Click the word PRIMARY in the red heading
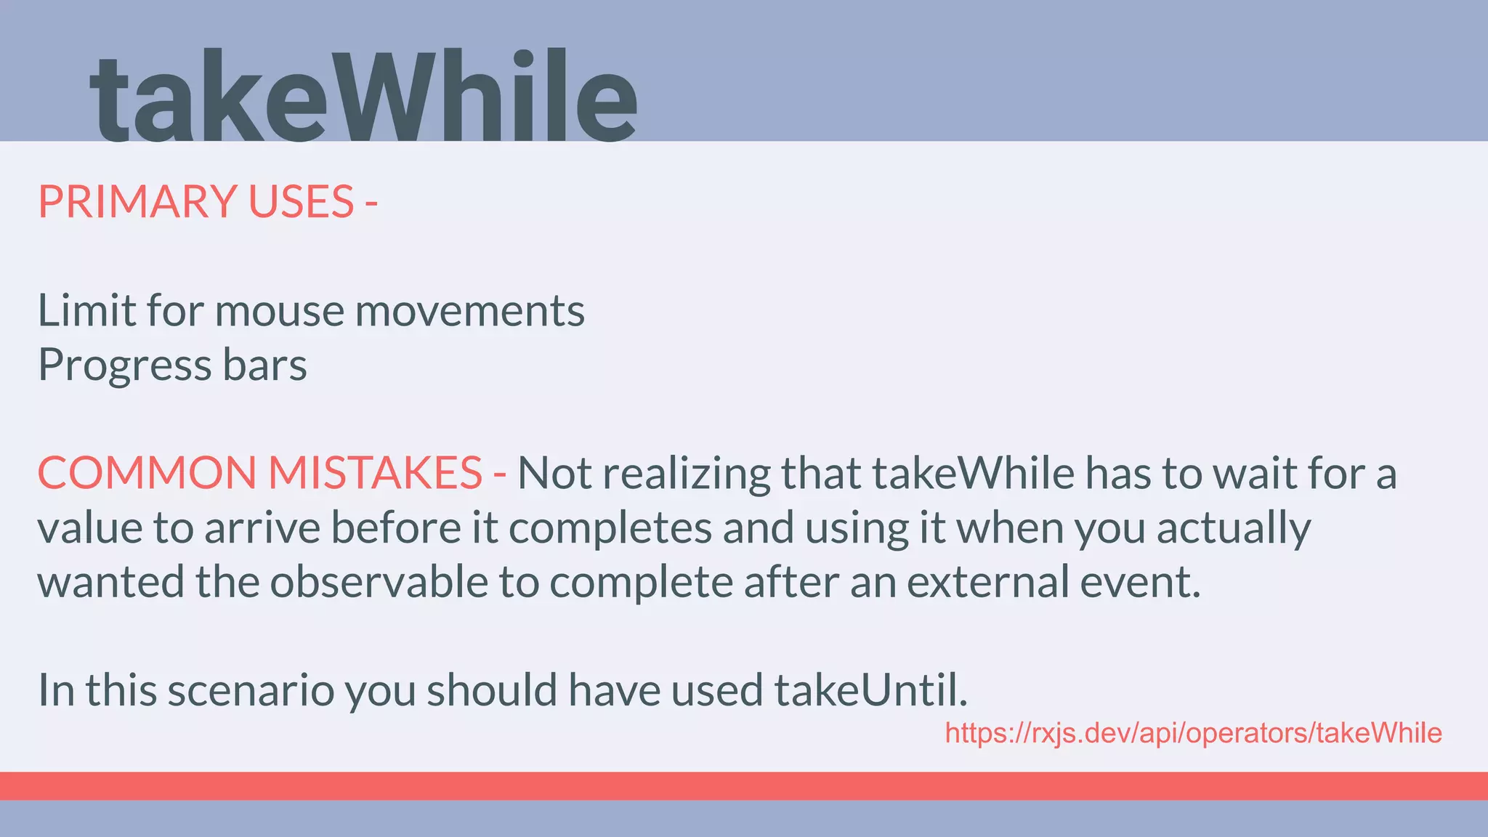[x=137, y=201]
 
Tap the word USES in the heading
[x=301, y=201]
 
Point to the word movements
[x=469, y=311]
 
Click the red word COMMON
[x=146, y=473]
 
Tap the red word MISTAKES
[x=375, y=473]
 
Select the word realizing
[x=687, y=473]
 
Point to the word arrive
[x=262, y=527]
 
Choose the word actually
[x=1234, y=527]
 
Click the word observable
[x=379, y=582]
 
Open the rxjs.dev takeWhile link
[x=1193, y=733]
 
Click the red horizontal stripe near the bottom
[x=744, y=785]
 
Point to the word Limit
[x=86, y=311]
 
